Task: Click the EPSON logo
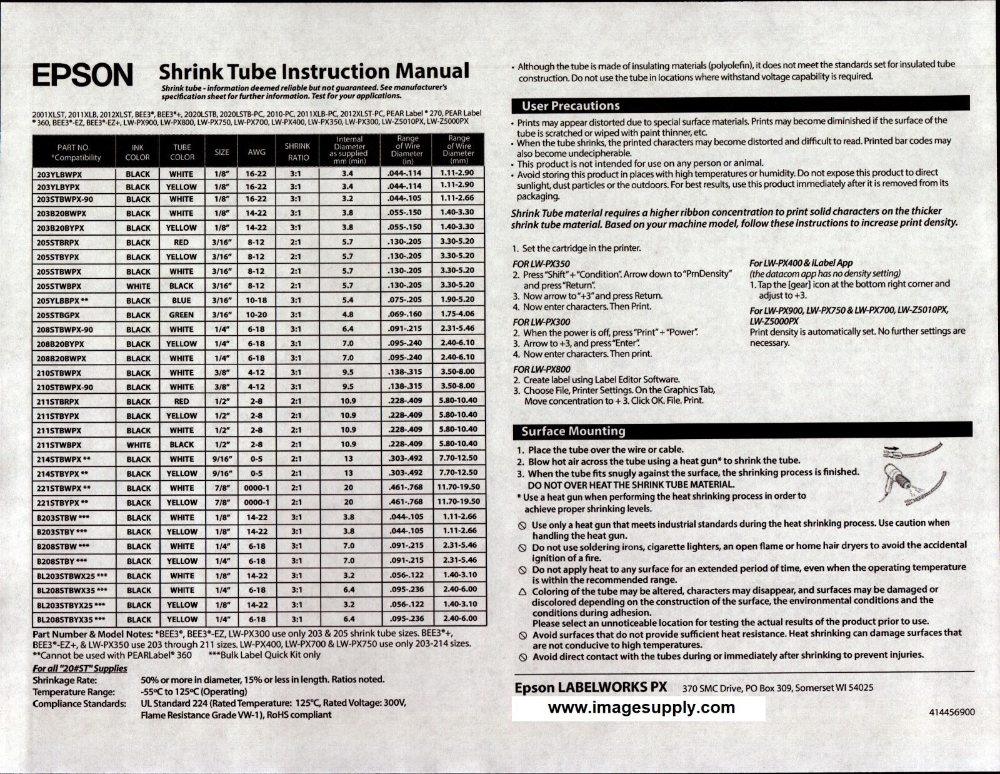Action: click(82, 75)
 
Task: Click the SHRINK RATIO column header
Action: click(297, 152)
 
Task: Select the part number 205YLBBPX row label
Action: click(62, 301)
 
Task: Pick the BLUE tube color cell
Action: click(181, 301)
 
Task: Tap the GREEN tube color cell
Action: click(181, 315)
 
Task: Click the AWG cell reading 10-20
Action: click(256, 315)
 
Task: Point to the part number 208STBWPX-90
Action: click(64, 329)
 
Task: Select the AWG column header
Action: click(256, 152)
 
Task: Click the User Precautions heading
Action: click(571, 106)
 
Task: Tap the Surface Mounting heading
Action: click(573, 431)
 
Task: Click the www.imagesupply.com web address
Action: click(641, 708)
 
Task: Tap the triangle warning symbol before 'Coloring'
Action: click(522, 591)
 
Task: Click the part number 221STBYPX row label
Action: click(62, 503)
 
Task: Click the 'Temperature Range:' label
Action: click(74, 691)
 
